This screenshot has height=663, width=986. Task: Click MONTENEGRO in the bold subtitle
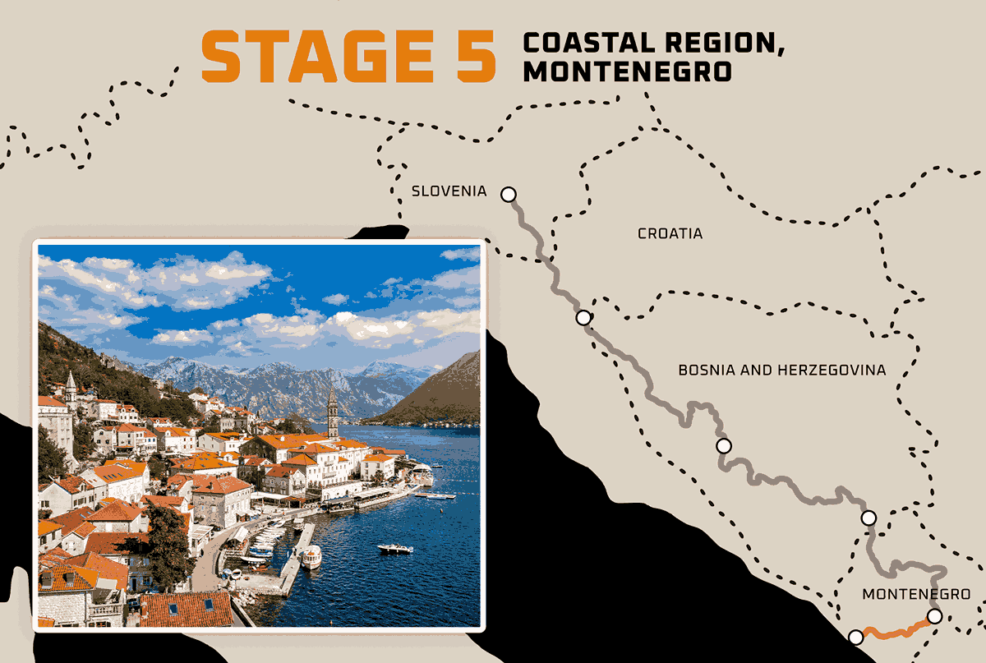pos(627,71)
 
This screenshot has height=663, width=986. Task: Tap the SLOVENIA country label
pos(449,191)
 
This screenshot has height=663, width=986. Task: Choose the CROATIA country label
pos(670,233)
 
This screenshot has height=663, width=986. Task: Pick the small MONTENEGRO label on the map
pos(916,594)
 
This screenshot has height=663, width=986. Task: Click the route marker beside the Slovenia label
pos(509,195)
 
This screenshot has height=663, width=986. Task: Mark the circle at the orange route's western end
pos(855,637)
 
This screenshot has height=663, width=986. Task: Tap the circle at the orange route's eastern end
pos(934,616)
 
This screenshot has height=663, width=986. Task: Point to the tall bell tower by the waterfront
pos(333,411)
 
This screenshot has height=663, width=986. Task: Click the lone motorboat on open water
pos(394,548)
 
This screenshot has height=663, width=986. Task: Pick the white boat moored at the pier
pos(311,557)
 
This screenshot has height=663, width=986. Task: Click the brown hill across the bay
pos(440,394)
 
